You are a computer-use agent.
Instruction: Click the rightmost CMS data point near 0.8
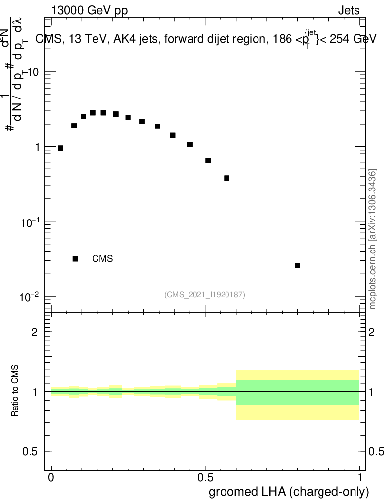pyautogui.click(x=297, y=265)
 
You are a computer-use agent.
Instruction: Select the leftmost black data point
pyautogui.click(x=60, y=148)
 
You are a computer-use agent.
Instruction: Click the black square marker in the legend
pyautogui.click(x=75, y=259)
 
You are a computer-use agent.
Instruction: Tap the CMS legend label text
pyautogui.click(x=102, y=259)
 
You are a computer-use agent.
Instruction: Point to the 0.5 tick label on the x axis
pyautogui.click(x=205, y=478)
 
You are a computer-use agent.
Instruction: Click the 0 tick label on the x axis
pyautogui.click(x=51, y=478)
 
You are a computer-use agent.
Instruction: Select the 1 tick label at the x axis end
pyautogui.click(x=360, y=478)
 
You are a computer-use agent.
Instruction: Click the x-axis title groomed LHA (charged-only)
pyautogui.click(x=289, y=492)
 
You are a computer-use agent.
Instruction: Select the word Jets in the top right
pyautogui.click(x=349, y=10)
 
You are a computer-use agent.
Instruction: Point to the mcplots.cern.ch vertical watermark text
pyautogui.click(x=373, y=239)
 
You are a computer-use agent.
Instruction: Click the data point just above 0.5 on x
pyautogui.click(x=208, y=160)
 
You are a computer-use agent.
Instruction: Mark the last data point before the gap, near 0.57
pyautogui.click(x=226, y=178)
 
